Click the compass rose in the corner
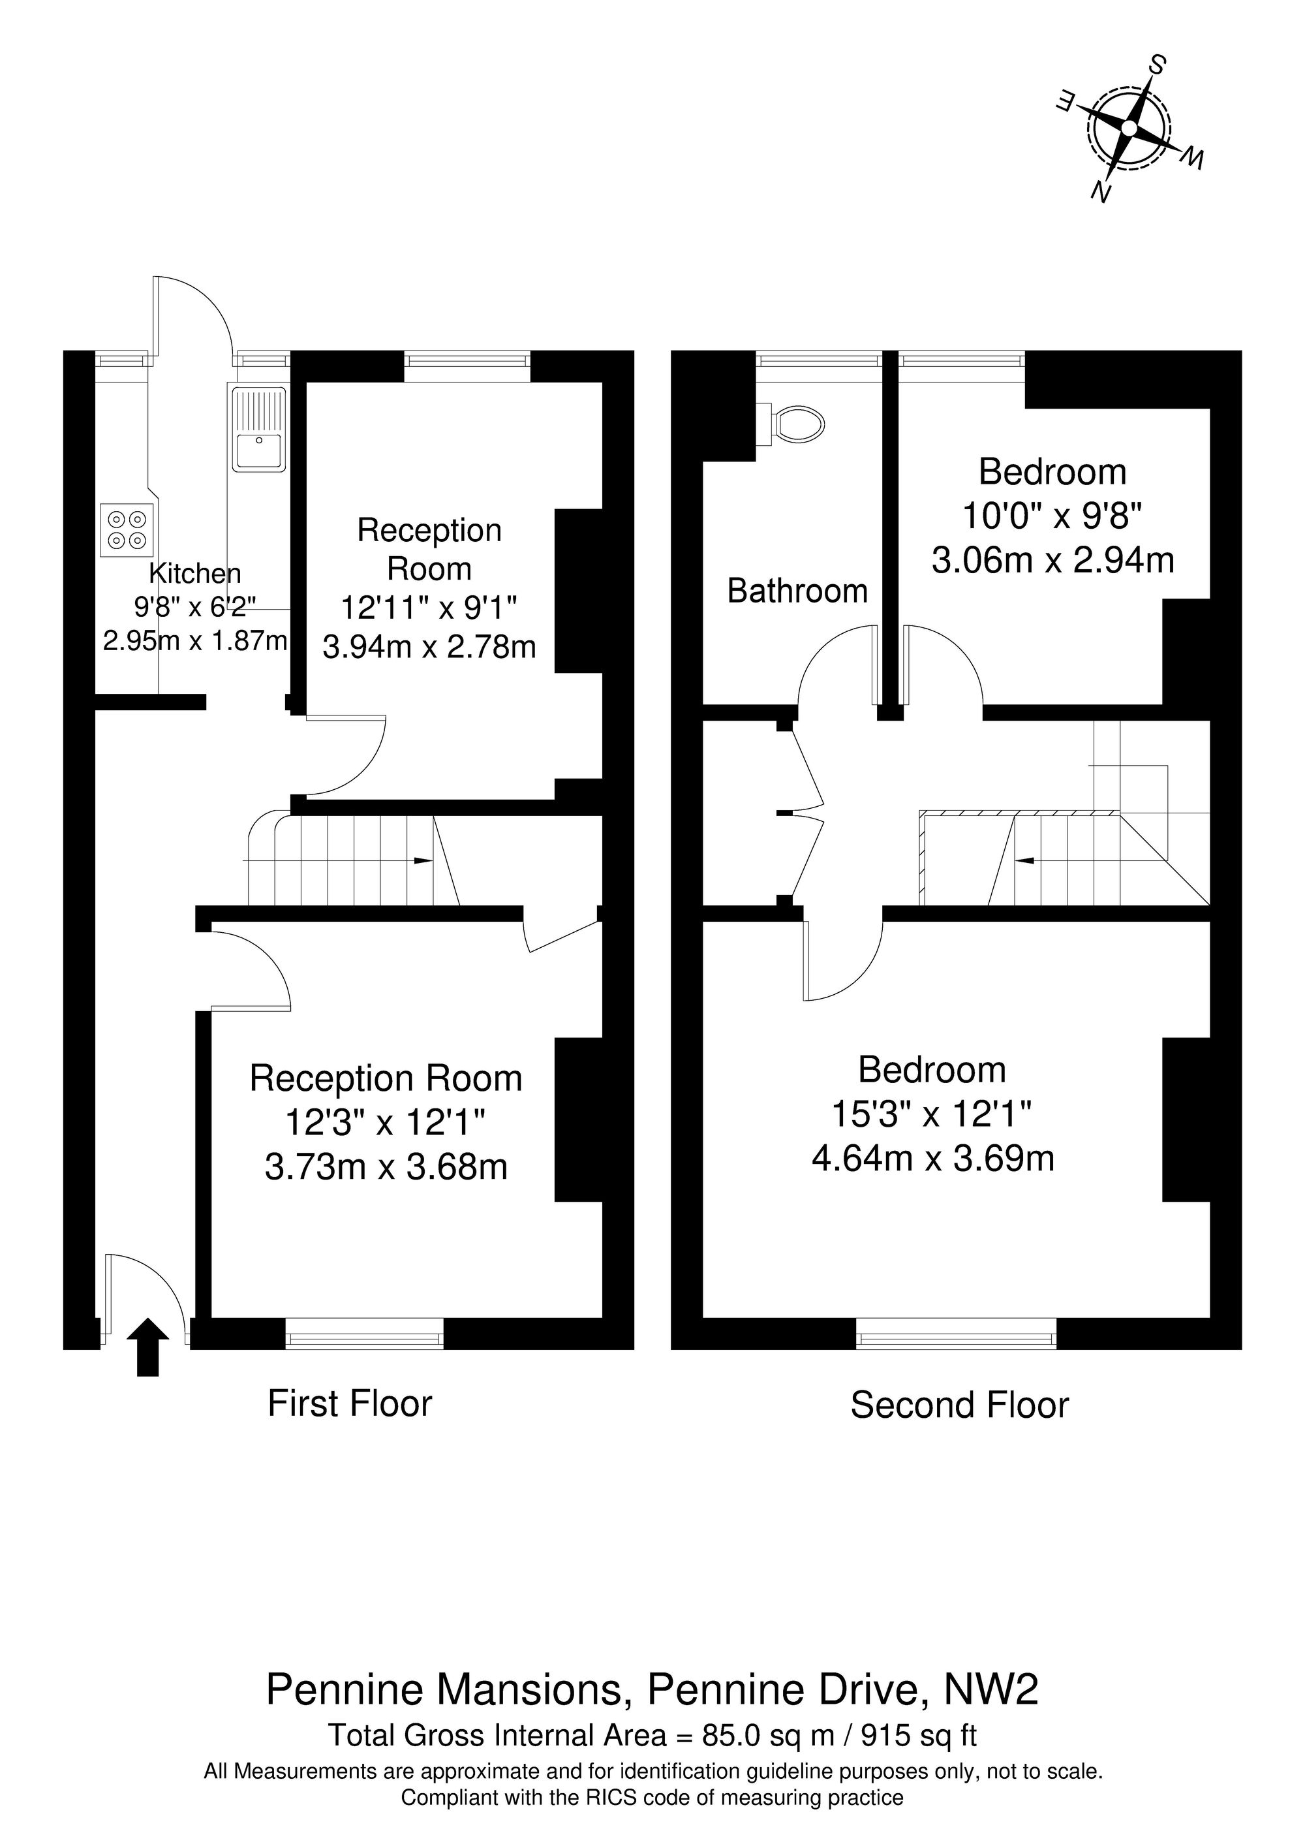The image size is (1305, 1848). pyautogui.click(x=1129, y=129)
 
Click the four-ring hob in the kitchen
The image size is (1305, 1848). pyautogui.click(x=127, y=529)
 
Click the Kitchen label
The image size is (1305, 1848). pyautogui.click(x=194, y=573)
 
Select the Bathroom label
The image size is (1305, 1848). pyautogui.click(x=797, y=591)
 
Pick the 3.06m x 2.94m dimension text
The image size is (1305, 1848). pyautogui.click(x=1052, y=559)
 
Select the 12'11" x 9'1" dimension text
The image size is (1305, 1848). pyautogui.click(x=429, y=608)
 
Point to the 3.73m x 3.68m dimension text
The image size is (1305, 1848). pyautogui.click(x=386, y=1167)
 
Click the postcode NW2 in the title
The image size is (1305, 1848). pyautogui.click(x=990, y=1689)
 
